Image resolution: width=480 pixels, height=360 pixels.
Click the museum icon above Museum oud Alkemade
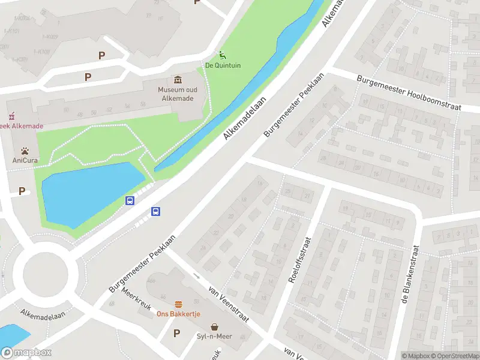pos(178,80)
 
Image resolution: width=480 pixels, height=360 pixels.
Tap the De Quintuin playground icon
pos(223,55)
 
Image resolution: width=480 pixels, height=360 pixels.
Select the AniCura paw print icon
pos(25,151)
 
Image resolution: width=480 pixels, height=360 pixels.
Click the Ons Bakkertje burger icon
pos(178,305)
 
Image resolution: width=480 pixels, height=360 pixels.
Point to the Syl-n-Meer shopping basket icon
pos(214,327)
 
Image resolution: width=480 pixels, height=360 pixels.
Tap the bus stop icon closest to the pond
pos(129,200)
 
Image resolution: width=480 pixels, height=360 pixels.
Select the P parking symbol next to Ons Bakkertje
pos(176,333)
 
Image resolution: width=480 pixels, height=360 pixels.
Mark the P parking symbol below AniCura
pos(22,191)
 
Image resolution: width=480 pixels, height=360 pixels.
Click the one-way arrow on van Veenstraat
pos(197,276)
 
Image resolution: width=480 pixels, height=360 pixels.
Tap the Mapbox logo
pos(26,353)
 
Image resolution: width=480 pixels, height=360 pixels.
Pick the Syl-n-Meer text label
pos(214,337)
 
